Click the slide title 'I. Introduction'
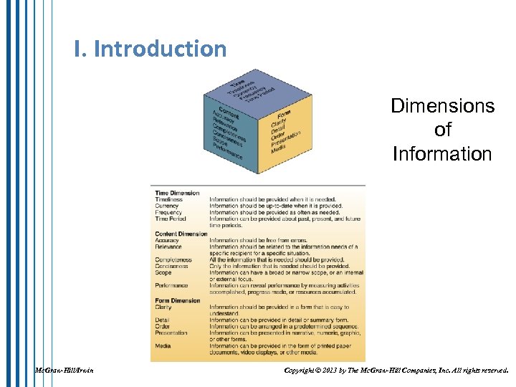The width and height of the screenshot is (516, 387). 150,49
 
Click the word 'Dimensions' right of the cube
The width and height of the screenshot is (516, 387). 442,106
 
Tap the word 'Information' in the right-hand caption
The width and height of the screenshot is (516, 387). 442,153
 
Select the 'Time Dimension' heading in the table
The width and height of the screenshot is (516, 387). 177,193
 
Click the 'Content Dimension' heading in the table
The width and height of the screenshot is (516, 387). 181,234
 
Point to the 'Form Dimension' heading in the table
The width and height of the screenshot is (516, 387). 178,300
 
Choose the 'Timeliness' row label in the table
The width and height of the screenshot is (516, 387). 169,199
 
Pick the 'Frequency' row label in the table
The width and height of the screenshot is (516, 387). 168,212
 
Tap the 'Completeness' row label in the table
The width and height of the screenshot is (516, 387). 173,259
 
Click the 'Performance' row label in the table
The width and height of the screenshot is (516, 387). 172,285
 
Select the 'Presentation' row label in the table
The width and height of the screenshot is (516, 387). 171,333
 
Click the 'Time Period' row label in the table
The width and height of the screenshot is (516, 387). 170,219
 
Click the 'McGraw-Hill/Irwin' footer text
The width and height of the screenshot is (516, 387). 64,371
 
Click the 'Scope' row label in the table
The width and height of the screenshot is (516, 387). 163,272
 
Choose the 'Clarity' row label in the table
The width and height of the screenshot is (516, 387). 163,307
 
